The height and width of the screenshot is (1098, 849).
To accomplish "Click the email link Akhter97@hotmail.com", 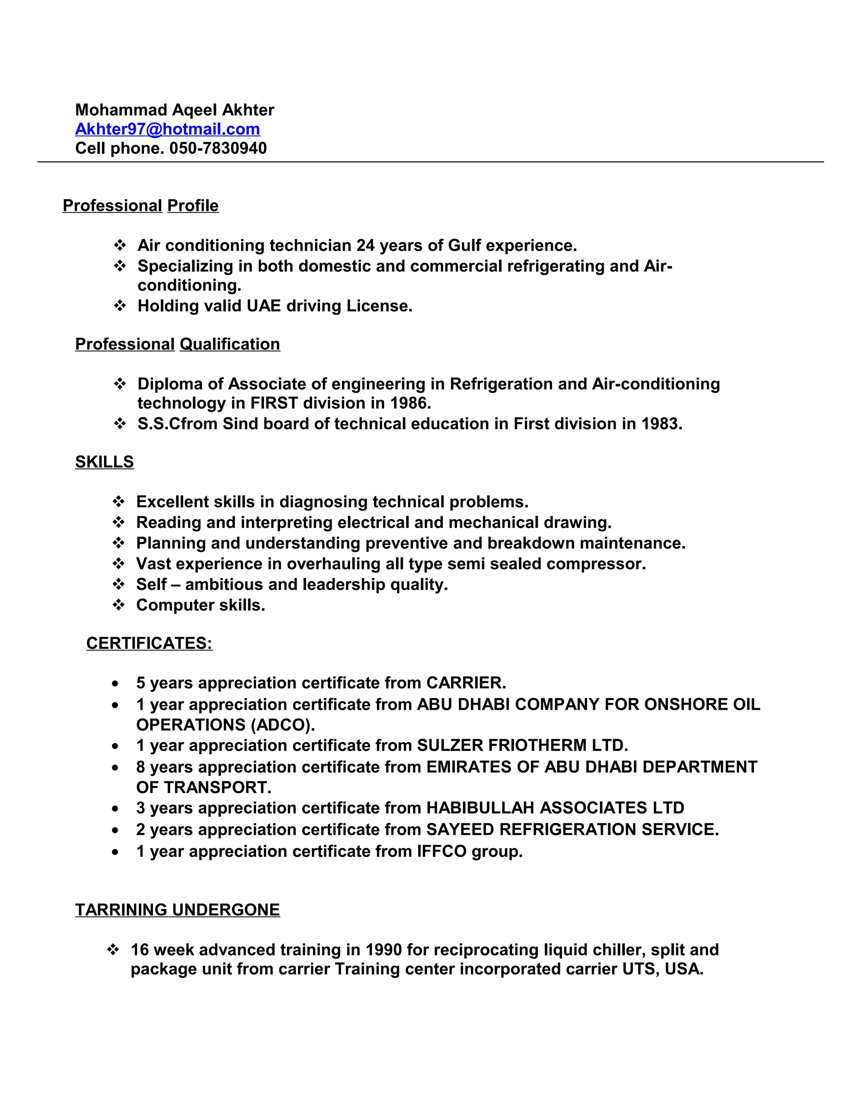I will (x=167, y=129).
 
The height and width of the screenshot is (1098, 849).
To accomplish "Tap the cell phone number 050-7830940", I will (x=218, y=148).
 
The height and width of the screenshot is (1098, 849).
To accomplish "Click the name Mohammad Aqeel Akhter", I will (x=175, y=110).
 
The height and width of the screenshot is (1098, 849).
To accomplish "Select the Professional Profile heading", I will (x=141, y=206).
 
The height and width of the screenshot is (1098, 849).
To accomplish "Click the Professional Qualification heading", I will (x=177, y=344).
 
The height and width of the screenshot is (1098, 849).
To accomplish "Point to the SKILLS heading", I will (x=104, y=462).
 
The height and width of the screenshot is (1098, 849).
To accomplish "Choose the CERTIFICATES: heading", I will (x=149, y=643).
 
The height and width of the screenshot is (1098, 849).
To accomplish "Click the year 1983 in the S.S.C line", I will (x=660, y=424).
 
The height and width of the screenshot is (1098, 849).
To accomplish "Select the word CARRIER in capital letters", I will (x=465, y=683).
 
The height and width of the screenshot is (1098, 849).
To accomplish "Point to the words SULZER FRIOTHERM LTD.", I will (x=522, y=745).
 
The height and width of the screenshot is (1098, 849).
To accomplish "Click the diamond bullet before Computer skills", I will (x=119, y=605).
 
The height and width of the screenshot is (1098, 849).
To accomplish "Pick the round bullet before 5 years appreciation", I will (x=116, y=684).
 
